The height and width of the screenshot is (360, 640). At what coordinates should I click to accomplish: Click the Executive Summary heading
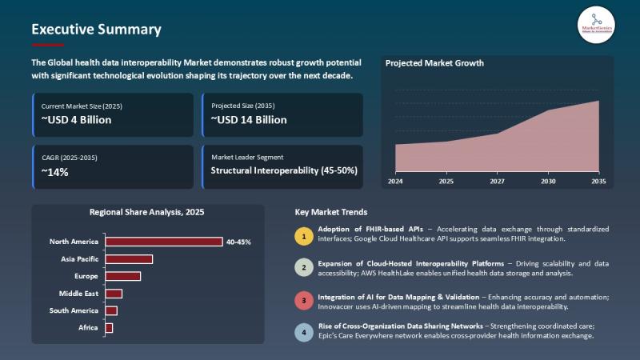pyautogui.click(x=96, y=30)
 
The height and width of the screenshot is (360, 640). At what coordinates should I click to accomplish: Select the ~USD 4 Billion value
pyautogui.click(x=77, y=120)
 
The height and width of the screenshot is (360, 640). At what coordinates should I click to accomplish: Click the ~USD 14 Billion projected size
pyautogui.click(x=249, y=120)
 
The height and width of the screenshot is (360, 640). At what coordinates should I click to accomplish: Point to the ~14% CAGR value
pyautogui.click(x=55, y=170)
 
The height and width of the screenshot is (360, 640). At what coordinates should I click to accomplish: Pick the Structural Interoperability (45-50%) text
pyautogui.click(x=284, y=170)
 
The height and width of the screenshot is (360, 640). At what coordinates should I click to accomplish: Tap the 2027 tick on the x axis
pyautogui.click(x=497, y=182)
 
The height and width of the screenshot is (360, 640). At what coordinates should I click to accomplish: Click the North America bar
pyautogui.click(x=163, y=242)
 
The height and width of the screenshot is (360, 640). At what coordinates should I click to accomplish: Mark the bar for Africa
pyautogui.click(x=109, y=328)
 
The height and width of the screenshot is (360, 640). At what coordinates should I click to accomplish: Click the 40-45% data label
pyautogui.click(x=238, y=242)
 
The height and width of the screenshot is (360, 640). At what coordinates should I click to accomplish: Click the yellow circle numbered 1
pyautogui.click(x=303, y=236)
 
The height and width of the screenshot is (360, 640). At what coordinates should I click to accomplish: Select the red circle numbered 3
pyautogui.click(x=303, y=300)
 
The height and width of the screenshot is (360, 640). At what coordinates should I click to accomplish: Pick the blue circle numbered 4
pyautogui.click(x=303, y=332)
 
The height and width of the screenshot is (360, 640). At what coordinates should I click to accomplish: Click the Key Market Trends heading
pyautogui.click(x=331, y=213)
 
